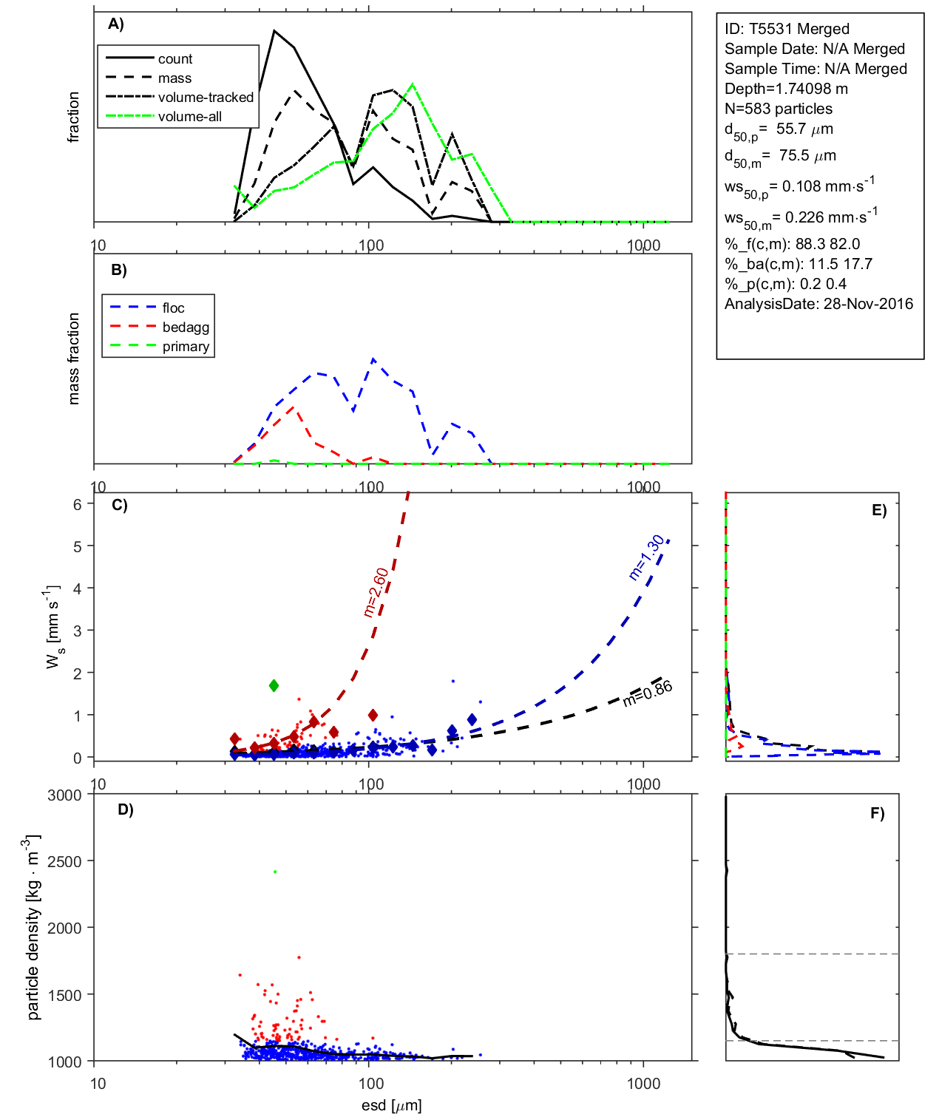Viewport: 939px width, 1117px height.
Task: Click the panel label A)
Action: point(116,24)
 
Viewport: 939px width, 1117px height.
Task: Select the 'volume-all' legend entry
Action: point(189,116)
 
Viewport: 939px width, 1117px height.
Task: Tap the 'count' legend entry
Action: point(175,58)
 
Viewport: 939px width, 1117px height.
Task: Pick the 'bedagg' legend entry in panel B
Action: point(186,327)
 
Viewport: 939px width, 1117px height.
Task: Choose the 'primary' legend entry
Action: point(186,346)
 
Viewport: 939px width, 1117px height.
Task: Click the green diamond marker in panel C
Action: point(274,685)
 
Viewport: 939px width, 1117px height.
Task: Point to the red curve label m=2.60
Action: point(376,591)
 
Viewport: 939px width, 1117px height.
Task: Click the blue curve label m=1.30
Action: point(646,557)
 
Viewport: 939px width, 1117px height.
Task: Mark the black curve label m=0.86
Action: point(648,693)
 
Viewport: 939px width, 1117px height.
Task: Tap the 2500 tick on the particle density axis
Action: point(64,861)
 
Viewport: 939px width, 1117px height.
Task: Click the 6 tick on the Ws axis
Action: point(77,503)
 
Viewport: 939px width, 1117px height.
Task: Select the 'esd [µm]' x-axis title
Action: point(391,1105)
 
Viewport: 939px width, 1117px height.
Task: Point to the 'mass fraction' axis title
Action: point(73,359)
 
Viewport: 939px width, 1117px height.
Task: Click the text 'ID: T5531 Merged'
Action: point(787,29)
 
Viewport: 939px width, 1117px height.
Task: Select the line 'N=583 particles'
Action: point(778,109)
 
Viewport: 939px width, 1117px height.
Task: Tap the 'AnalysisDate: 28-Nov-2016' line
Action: point(818,304)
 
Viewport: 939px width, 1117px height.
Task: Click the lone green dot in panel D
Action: point(275,872)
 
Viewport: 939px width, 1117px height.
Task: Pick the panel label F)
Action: point(878,813)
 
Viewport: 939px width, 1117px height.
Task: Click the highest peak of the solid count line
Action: point(274,31)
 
